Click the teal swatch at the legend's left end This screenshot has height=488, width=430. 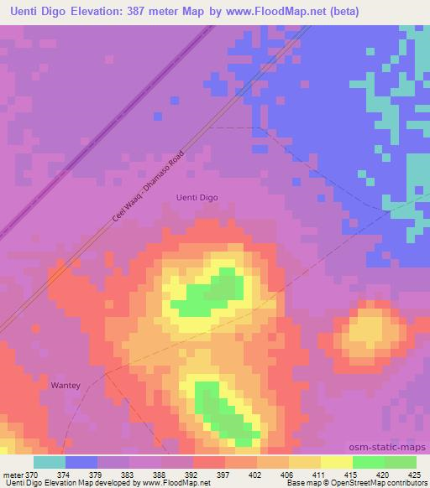coord(50,462)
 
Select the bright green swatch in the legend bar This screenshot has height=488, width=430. coord(369,462)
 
